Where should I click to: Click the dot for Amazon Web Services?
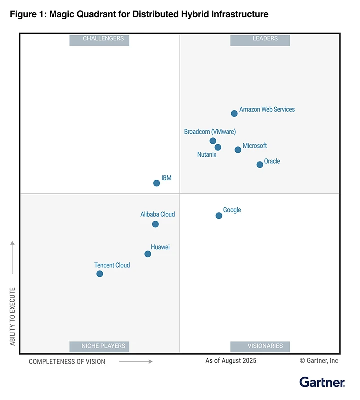(234, 114)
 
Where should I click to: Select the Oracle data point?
(260, 165)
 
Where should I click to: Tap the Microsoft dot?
(238, 150)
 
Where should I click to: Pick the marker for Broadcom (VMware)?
(213, 141)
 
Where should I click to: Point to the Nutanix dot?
(218, 147)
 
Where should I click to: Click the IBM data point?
(156, 183)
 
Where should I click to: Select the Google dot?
(219, 216)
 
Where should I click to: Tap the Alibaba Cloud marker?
(155, 224)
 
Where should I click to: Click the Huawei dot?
(148, 254)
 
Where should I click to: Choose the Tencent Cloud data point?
(100, 274)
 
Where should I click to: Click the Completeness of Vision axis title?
(67, 361)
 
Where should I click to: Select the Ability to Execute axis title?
(13, 316)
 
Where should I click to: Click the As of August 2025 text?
(231, 360)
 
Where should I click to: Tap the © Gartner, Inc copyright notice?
(319, 360)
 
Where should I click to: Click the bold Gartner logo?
(322, 383)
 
